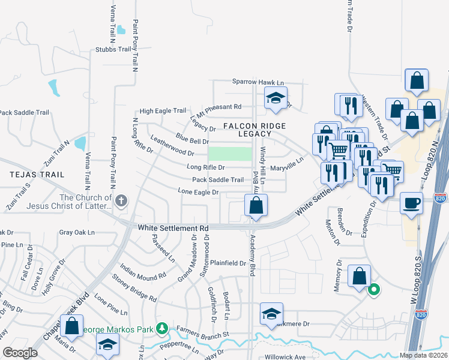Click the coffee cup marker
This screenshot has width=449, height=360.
point(411,203)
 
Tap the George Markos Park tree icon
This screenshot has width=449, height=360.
point(161,329)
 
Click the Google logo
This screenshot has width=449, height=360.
point(19,353)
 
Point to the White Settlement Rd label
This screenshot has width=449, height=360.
point(173,228)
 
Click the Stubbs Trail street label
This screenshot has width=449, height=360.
point(113,50)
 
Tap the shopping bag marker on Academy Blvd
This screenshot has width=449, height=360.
point(256,205)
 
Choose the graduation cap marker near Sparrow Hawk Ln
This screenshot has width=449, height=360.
point(276,98)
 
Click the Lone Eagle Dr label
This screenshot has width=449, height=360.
point(197,191)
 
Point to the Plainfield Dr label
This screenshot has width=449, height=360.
point(228,263)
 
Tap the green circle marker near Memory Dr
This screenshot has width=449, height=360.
point(373,290)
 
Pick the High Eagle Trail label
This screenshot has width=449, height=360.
point(163,111)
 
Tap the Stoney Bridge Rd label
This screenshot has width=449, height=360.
point(134,289)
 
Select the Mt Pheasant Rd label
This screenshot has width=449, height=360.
point(219,109)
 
